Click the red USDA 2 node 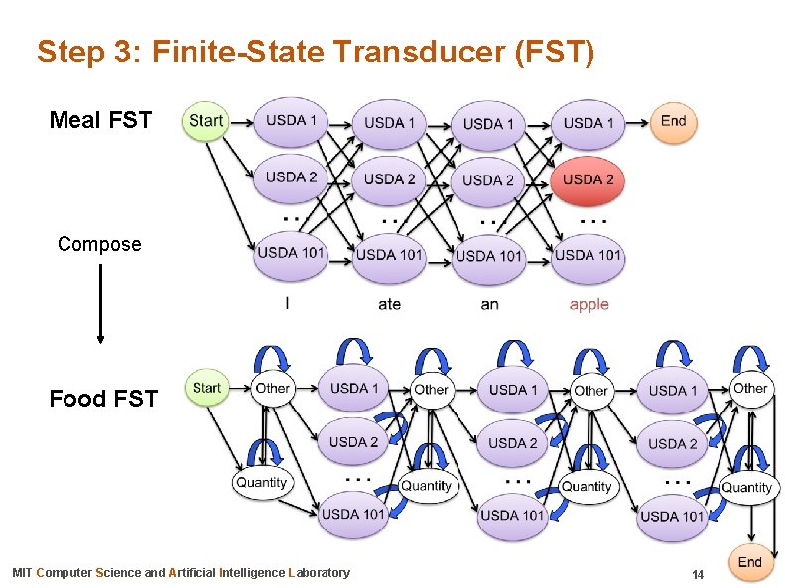pyautogui.click(x=589, y=179)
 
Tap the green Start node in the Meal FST pyautogui.click(x=205, y=121)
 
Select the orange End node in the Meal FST pyautogui.click(x=673, y=121)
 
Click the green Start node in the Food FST pyautogui.click(x=207, y=388)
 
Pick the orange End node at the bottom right pyautogui.click(x=750, y=563)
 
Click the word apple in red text pyautogui.click(x=589, y=304)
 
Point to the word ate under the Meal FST pyautogui.click(x=390, y=304)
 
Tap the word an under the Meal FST pyautogui.click(x=489, y=304)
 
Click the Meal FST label pyautogui.click(x=100, y=121)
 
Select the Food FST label pyautogui.click(x=103, y=399)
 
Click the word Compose pyautogui.click(x=99, y=244)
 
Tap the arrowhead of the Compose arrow pyautogui.click(x=100, y=339)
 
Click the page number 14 pyautogui.click(x=698, y=575)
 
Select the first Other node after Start pyautogui.click(x=272, y=388)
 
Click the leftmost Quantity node pyautogui.click(x=261, y=483)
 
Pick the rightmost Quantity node pyautogui.click(x=746, y=487)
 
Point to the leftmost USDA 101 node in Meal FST pyautogui.click(x=291, y=252)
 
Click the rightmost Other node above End pyautogui.click(x=750, y=388)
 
